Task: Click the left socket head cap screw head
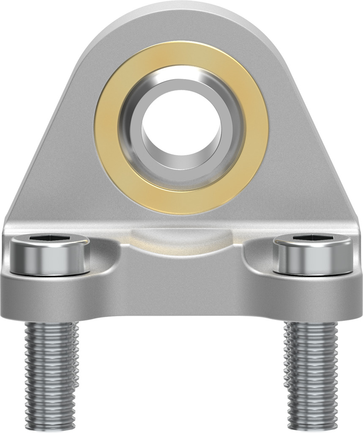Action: click(x=49, y=256)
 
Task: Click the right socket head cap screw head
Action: click(x=312, y=256)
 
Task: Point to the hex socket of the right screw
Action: click(x=312, y=239)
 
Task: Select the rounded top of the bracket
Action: click(x=181, y=17)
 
